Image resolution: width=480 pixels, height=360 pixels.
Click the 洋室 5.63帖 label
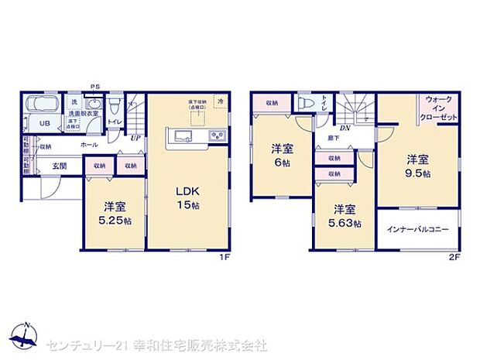tap(344, 216)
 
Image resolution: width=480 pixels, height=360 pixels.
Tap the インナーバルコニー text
tap(418, 230)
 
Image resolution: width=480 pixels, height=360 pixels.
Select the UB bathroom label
tap(36, 123)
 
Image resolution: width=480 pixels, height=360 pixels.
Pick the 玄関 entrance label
tap(60, 165)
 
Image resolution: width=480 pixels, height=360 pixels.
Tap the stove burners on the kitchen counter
tap(217, 137)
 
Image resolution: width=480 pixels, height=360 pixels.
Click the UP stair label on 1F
tap(136, 139)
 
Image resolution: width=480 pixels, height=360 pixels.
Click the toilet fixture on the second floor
tap(305, 103)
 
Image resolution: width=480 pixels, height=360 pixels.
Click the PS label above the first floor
tap(95, 86)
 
